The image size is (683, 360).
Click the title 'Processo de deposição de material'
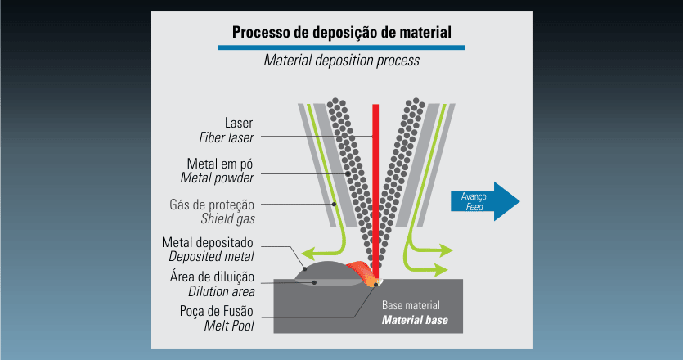341,34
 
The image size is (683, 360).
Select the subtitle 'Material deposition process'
341,61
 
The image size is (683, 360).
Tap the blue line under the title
341,48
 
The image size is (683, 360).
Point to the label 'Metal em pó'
221,162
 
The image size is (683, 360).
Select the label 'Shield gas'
227,218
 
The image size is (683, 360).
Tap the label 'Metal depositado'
209,243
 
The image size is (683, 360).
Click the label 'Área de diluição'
212,276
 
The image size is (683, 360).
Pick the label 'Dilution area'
221,290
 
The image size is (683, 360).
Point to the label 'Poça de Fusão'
216,311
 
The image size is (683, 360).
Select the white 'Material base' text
415,319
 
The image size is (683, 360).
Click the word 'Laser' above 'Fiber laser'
240,123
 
